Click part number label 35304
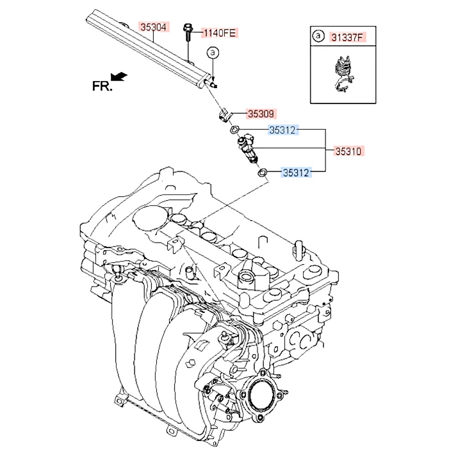[153, 27]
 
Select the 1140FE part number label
[219, 32]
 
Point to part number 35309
[261, 114]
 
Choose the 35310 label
[350, 151]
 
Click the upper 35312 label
[283, 130]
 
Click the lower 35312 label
[296, 172]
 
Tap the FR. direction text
[102, 86]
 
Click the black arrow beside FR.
[119, 77]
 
